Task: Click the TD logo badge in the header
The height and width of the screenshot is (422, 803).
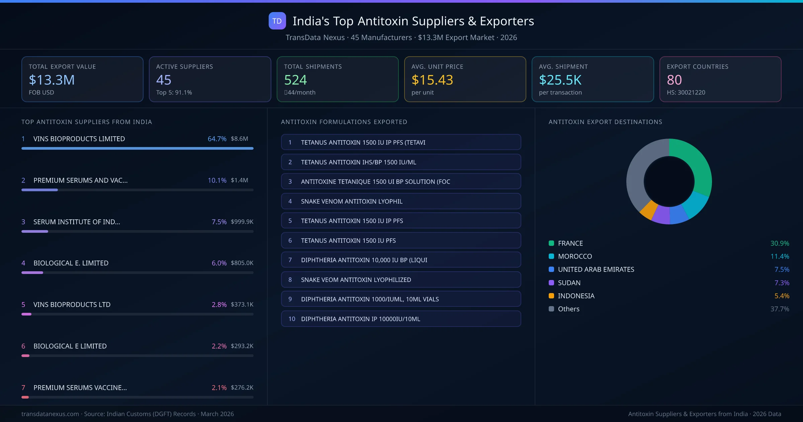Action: pos(277,21)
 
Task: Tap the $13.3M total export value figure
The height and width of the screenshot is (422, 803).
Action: pos(52,80)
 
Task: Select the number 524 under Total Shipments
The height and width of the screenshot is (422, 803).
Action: pos(295,80)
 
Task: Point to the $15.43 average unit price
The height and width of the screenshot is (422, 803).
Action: pos(432,80)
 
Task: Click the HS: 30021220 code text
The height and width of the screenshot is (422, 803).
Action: pos(686,92)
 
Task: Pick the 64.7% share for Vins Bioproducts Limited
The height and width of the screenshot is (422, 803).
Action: pos(217,139)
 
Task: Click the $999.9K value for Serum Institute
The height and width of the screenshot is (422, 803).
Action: pos(242,222)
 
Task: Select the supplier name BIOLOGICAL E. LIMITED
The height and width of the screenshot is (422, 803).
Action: pos(71,263)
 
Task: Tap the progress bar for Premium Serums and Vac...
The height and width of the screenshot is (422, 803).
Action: pos(137,190)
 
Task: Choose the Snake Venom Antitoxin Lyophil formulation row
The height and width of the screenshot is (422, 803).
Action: pos(401,201)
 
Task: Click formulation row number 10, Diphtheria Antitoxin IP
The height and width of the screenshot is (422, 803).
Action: pos(401,319)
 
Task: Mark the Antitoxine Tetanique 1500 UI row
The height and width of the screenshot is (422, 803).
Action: pos(401,182)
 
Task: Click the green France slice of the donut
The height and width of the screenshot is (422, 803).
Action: pos(696,161)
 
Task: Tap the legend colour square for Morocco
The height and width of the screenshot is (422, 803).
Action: pos(551,257)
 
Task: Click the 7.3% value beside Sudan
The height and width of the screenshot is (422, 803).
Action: pos(782,283)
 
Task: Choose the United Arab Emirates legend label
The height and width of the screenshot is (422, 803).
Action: pos(596,270)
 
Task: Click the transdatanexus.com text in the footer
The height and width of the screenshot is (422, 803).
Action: pos(50,414)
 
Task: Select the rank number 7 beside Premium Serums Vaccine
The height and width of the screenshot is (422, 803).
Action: pos(23,388)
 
